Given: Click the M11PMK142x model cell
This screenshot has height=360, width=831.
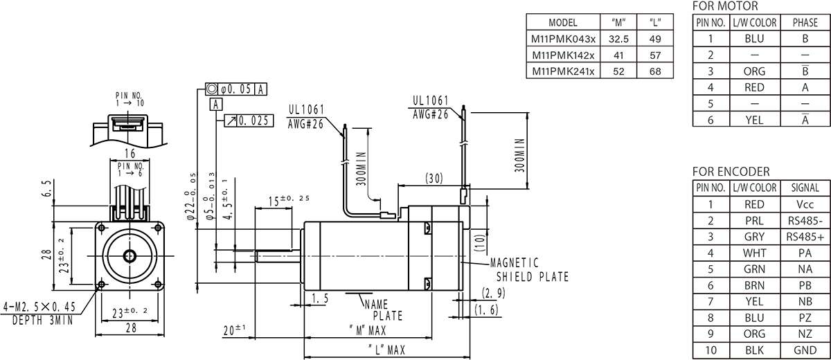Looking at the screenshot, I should click(562, 55).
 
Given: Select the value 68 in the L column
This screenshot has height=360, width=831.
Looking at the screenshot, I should click(655, 71).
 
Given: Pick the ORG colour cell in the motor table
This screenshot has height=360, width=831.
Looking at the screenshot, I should click(753, 71).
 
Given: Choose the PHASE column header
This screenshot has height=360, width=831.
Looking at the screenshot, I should click(805, 23).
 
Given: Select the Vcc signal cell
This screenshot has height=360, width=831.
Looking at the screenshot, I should click(805, 204).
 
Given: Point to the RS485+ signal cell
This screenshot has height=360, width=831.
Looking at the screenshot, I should click(805, 237).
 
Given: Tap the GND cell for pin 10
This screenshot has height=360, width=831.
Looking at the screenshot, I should click(805, 350).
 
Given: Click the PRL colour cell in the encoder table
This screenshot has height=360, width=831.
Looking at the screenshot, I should click(753, 221).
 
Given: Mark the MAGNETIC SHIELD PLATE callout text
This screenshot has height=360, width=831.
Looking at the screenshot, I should click(528, 270).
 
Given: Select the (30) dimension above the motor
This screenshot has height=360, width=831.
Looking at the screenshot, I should click(434, 179).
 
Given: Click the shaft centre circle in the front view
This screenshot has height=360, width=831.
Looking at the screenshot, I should click(131, 255).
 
